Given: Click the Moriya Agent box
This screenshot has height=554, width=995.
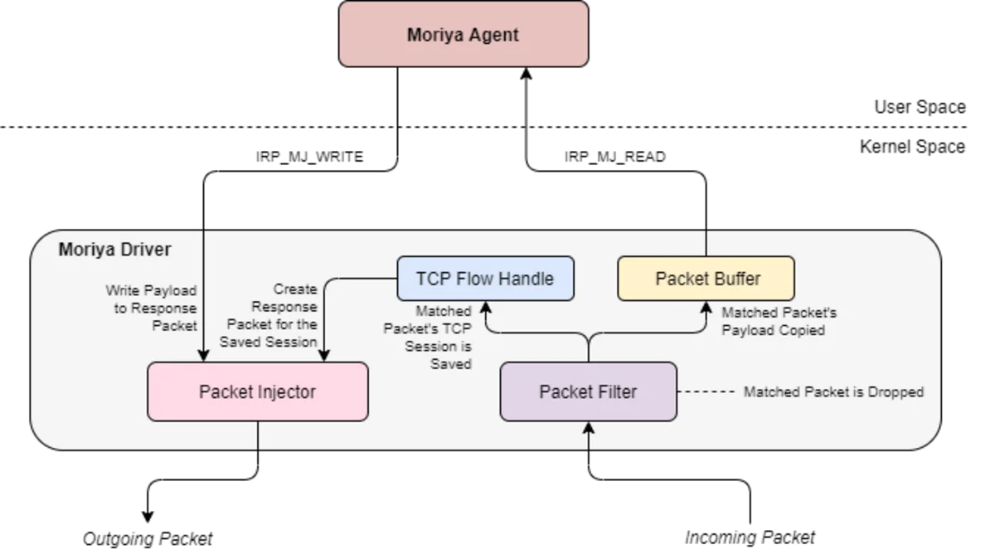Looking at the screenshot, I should point(464,34).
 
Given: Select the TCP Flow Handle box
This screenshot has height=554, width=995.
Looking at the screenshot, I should point(485,279).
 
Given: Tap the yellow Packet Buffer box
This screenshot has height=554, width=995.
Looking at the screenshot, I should point(706,279).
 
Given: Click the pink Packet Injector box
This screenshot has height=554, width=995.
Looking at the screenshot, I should point(257,391).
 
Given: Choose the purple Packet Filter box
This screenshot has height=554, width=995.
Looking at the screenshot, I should point(588,391).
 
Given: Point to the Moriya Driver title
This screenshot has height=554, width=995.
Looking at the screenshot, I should point(114,250).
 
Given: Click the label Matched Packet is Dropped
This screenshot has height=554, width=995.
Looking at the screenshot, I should point(832,391).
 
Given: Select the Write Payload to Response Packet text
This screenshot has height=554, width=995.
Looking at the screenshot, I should point(153,308).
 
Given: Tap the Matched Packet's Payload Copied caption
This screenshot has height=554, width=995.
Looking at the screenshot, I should point(778,322).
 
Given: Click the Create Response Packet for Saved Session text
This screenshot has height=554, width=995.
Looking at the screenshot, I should point(270,315).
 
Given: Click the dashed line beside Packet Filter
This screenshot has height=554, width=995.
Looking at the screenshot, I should point(706,391).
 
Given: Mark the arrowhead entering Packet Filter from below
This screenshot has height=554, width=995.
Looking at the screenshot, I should point(589,428).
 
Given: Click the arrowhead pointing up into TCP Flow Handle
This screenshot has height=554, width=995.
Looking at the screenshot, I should point(485,307).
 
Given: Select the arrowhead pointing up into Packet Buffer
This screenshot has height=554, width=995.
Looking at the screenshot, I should point(706,307).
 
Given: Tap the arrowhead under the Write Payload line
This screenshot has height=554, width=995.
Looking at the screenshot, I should point(202,356).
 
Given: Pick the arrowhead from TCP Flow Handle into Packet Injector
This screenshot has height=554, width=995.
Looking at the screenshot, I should point(324,356).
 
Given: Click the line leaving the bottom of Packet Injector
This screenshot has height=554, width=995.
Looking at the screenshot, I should point(258,435).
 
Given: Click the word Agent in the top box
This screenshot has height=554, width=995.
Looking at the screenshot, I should point(493,35).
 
